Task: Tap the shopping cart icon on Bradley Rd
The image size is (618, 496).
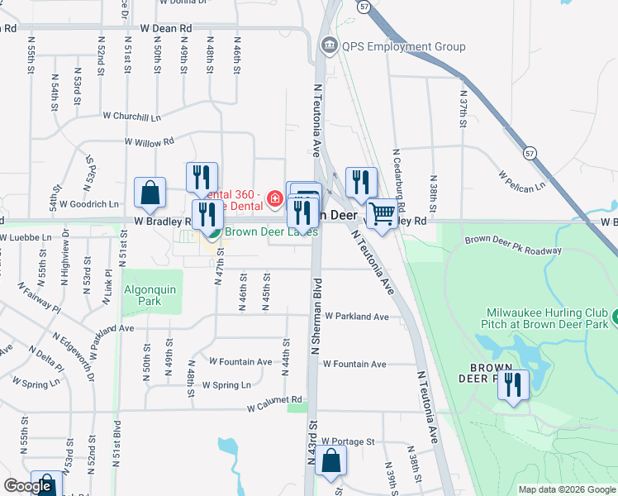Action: coord(382,213)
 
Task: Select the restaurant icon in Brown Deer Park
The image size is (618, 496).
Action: coord(513,385)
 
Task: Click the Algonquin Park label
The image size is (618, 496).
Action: coord(152,296)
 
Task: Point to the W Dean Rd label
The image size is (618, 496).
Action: coord(166,28)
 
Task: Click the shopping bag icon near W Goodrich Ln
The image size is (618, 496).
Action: coord(150,193)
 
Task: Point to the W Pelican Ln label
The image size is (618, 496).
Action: coord(522,180)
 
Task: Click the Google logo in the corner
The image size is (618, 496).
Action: coord(27,486)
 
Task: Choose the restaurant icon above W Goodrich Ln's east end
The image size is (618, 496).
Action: coord(202,177)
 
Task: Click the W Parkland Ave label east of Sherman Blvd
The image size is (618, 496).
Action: coord(356,317)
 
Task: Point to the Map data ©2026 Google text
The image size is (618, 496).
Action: coord(568,489)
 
